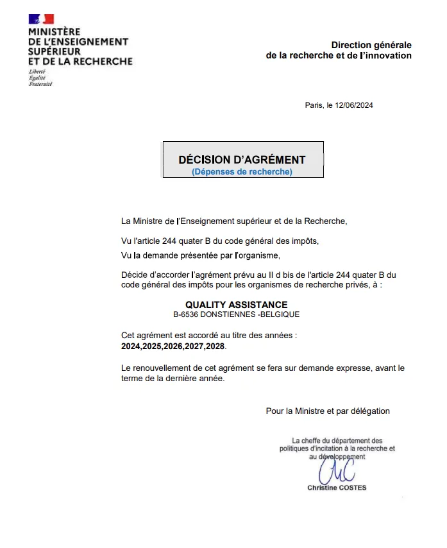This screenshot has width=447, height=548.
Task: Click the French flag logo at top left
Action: point(41,19)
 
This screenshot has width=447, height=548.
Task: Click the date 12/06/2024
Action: point(354,105)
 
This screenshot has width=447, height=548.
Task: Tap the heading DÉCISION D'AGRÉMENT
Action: point(242,160)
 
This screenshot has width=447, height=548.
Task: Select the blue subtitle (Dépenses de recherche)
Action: point(242,172)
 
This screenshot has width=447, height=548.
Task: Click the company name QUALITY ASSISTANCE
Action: point(237,305)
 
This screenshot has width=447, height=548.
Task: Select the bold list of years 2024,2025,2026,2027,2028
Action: point(173,346)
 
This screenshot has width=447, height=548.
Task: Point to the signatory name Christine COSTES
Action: point(337,488)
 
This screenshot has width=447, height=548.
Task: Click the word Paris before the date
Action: point(314,105)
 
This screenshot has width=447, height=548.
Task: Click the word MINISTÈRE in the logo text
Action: point(55,31)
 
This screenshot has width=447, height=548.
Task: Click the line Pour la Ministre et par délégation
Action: point(328,411)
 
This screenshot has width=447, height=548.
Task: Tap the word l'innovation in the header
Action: point(385,56)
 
